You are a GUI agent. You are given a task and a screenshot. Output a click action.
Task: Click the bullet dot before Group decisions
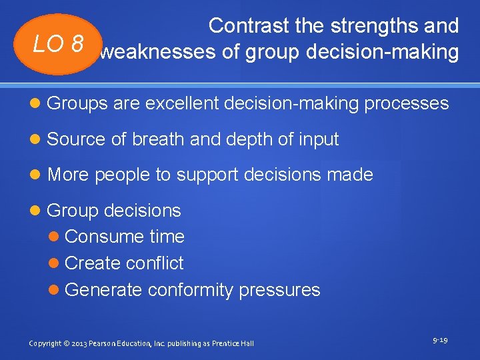(39, 211)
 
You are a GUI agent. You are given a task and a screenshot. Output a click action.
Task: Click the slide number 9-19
(440, 340)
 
